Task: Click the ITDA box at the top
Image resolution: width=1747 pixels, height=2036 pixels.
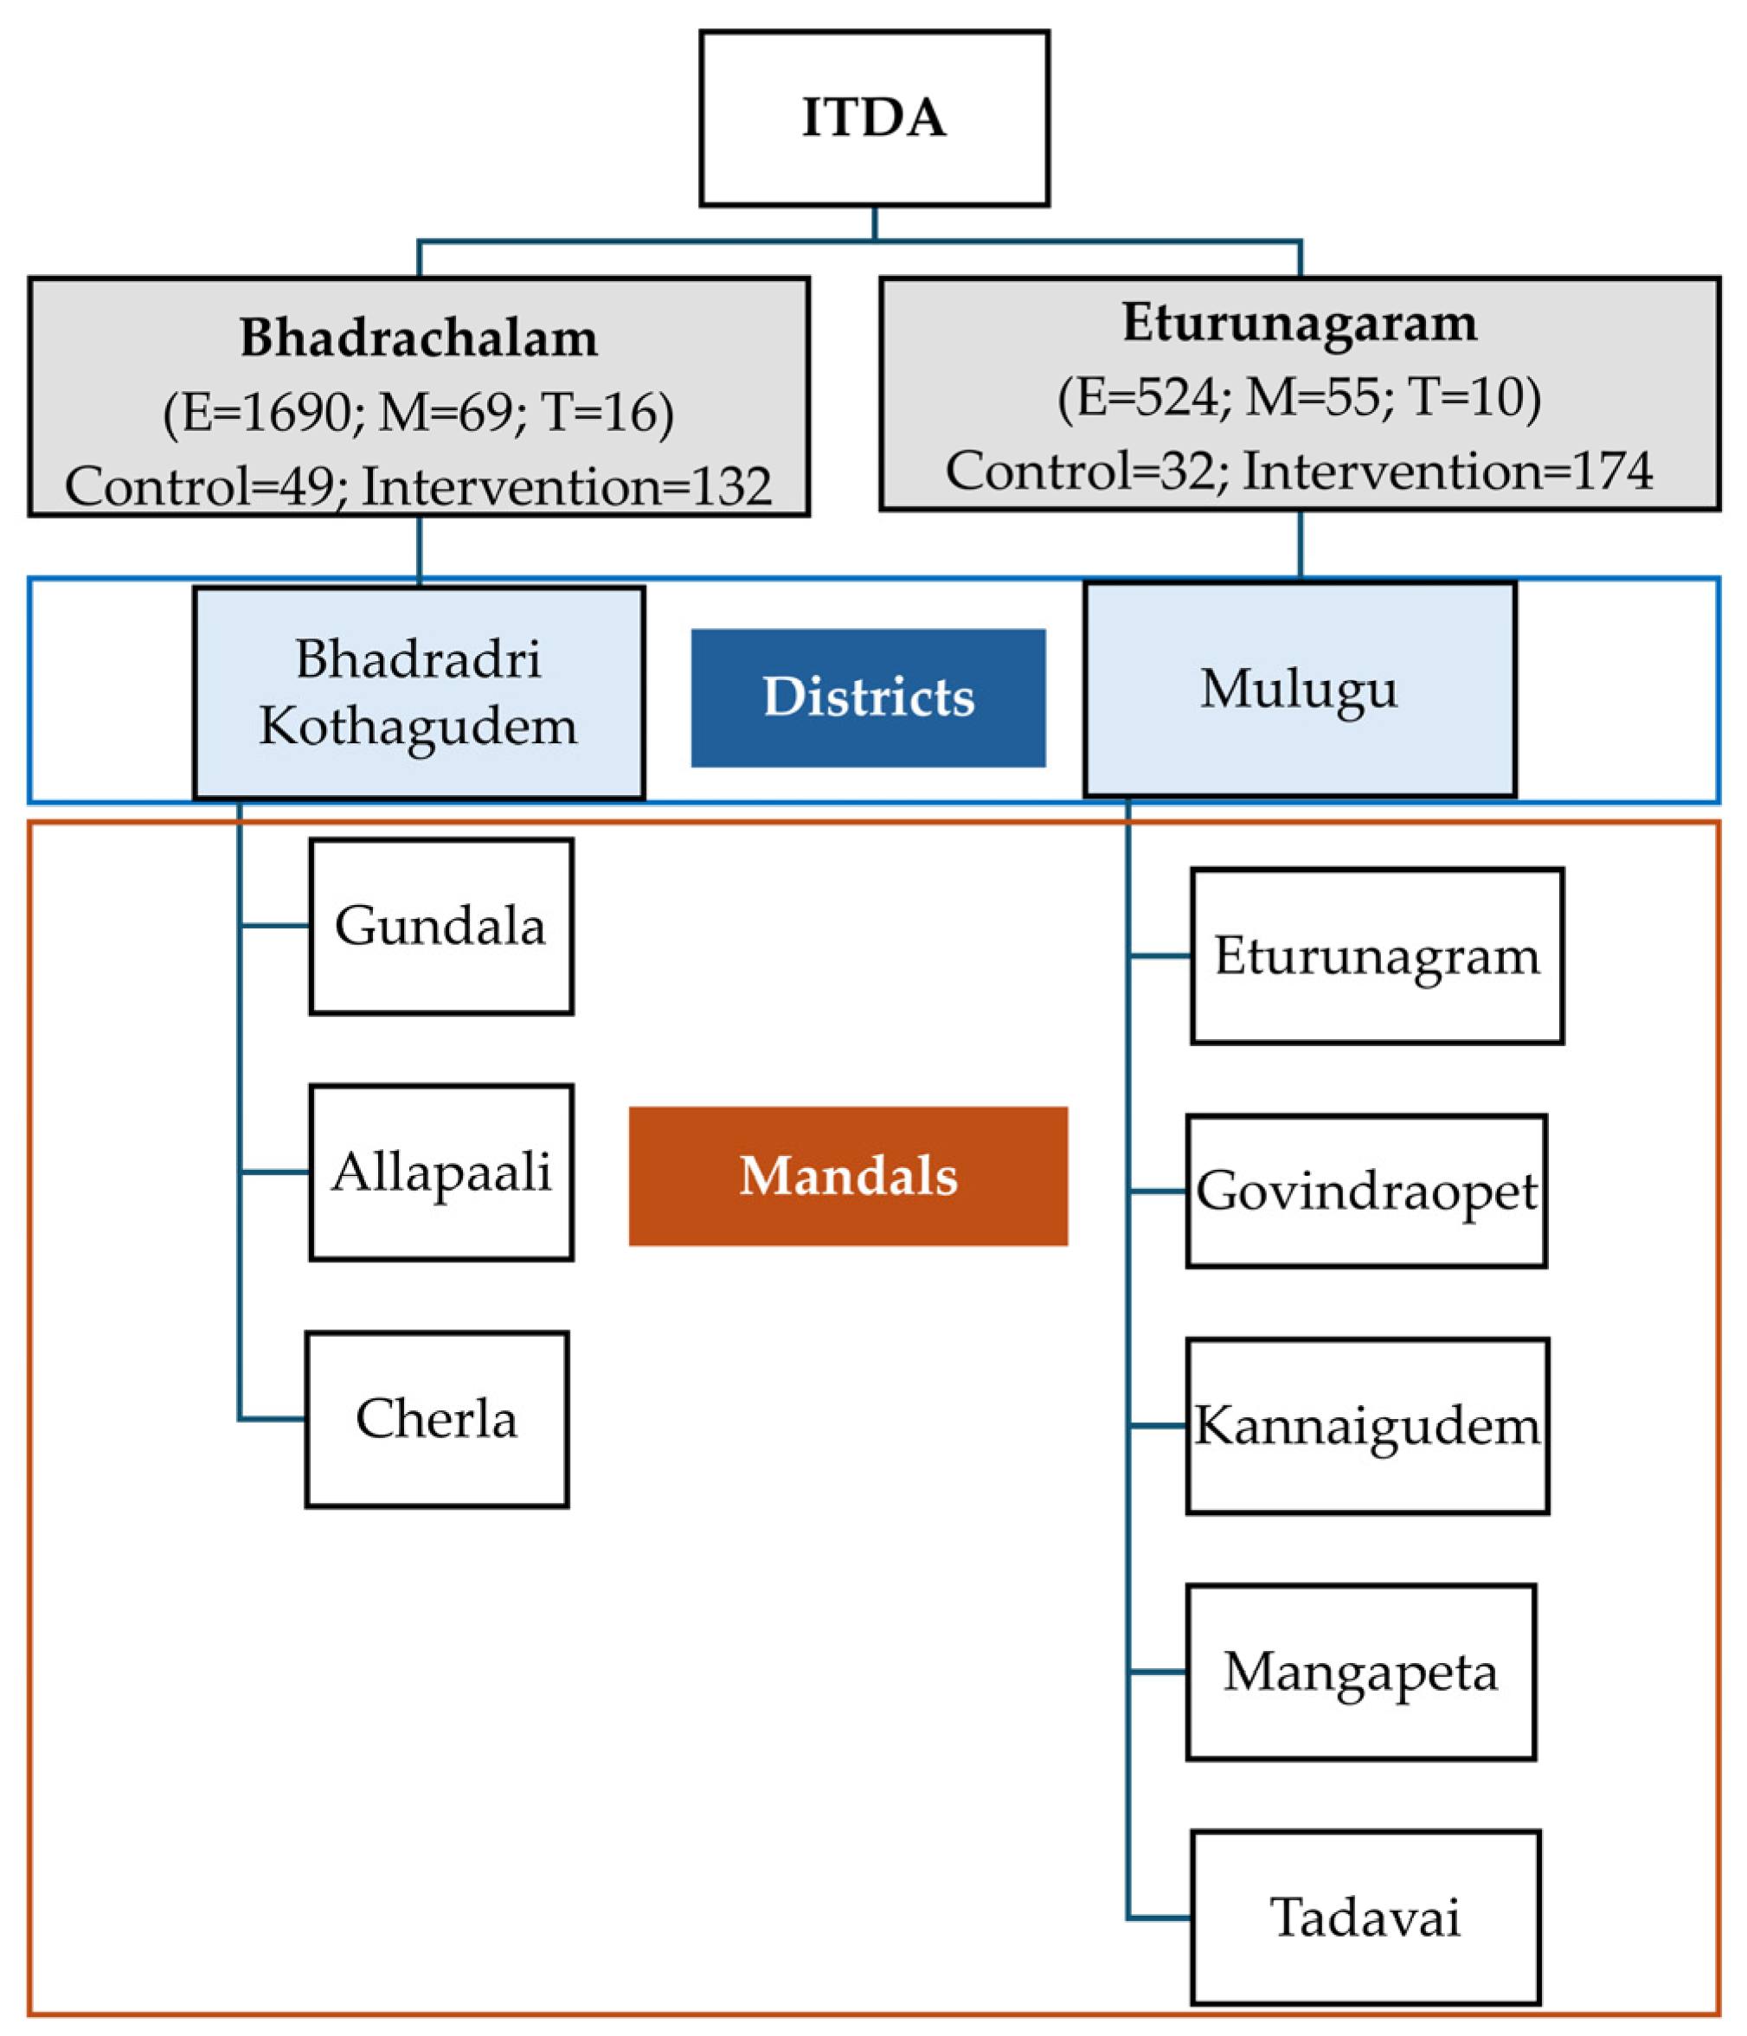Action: pos(874,118)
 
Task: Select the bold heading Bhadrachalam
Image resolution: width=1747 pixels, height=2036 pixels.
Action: pos(419,338)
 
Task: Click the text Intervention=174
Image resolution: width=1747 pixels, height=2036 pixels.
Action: pos(1448,471)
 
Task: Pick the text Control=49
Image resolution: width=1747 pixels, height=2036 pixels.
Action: pos(200,486)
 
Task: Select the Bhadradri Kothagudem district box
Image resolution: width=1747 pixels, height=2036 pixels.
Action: pos(419,693)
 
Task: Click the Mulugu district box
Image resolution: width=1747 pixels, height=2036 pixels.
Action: pos(1299,689)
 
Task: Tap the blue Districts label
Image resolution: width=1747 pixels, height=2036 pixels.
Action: pos(868,697)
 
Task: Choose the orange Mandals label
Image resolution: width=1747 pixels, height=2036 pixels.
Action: pos(848,1176)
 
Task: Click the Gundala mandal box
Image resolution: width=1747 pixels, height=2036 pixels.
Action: pos(440,926)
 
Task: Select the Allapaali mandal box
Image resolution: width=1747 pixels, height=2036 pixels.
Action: pos(440,1172)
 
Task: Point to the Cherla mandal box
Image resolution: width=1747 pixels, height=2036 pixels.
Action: pos(436,1419)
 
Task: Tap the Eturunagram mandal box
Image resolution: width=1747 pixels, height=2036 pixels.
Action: pos(1377,955)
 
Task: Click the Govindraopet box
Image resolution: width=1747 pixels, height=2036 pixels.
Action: pos(1365,1191)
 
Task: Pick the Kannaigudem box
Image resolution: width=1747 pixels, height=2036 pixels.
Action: pos(1367,1426)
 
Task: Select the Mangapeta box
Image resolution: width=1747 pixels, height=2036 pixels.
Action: pos(1360,1672)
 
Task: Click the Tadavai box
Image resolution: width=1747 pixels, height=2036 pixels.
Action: pos(1365,1917)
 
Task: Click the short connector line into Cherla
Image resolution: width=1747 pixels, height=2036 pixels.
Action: pos(273,1419)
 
